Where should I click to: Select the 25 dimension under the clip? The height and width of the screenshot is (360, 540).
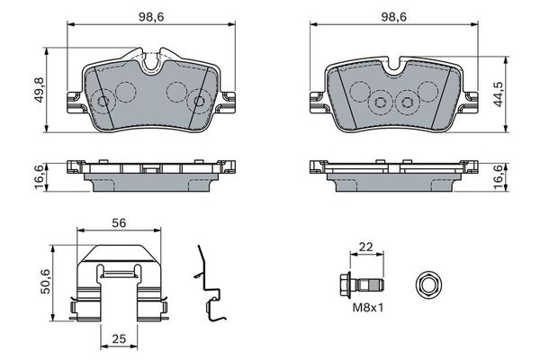(x=119, y=340)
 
